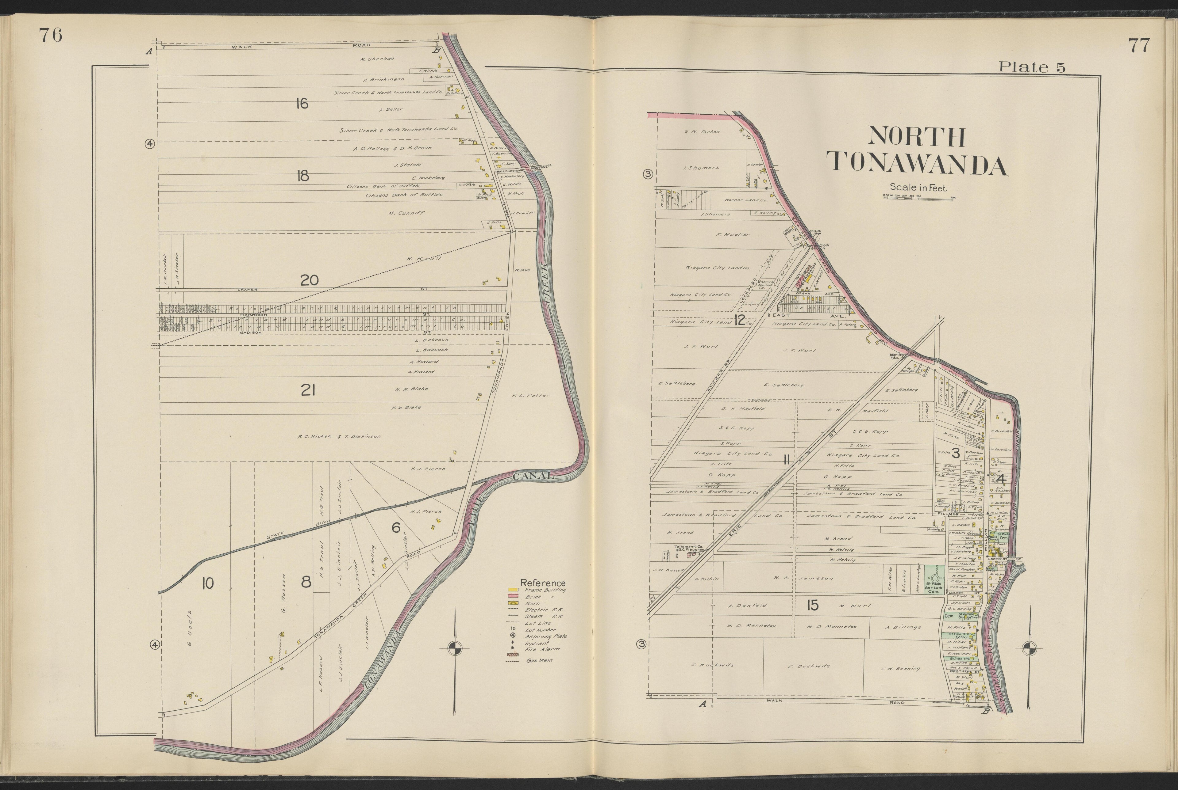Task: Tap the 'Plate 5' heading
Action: pyautogui.click(x=1032, y=67)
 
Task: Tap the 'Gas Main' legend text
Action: pyautogui.click(x=539, y=660)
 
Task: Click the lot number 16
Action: pyautogui.click(x=302, y=104)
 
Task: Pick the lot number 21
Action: pyautogui.click(x=308, y=390)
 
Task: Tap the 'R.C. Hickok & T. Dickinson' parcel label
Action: pyautogui.click(x=339, y=437)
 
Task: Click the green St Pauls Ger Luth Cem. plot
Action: pyautogui.click(x=934, y=579)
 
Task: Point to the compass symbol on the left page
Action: pyautogui.click(x=455, y=648)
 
